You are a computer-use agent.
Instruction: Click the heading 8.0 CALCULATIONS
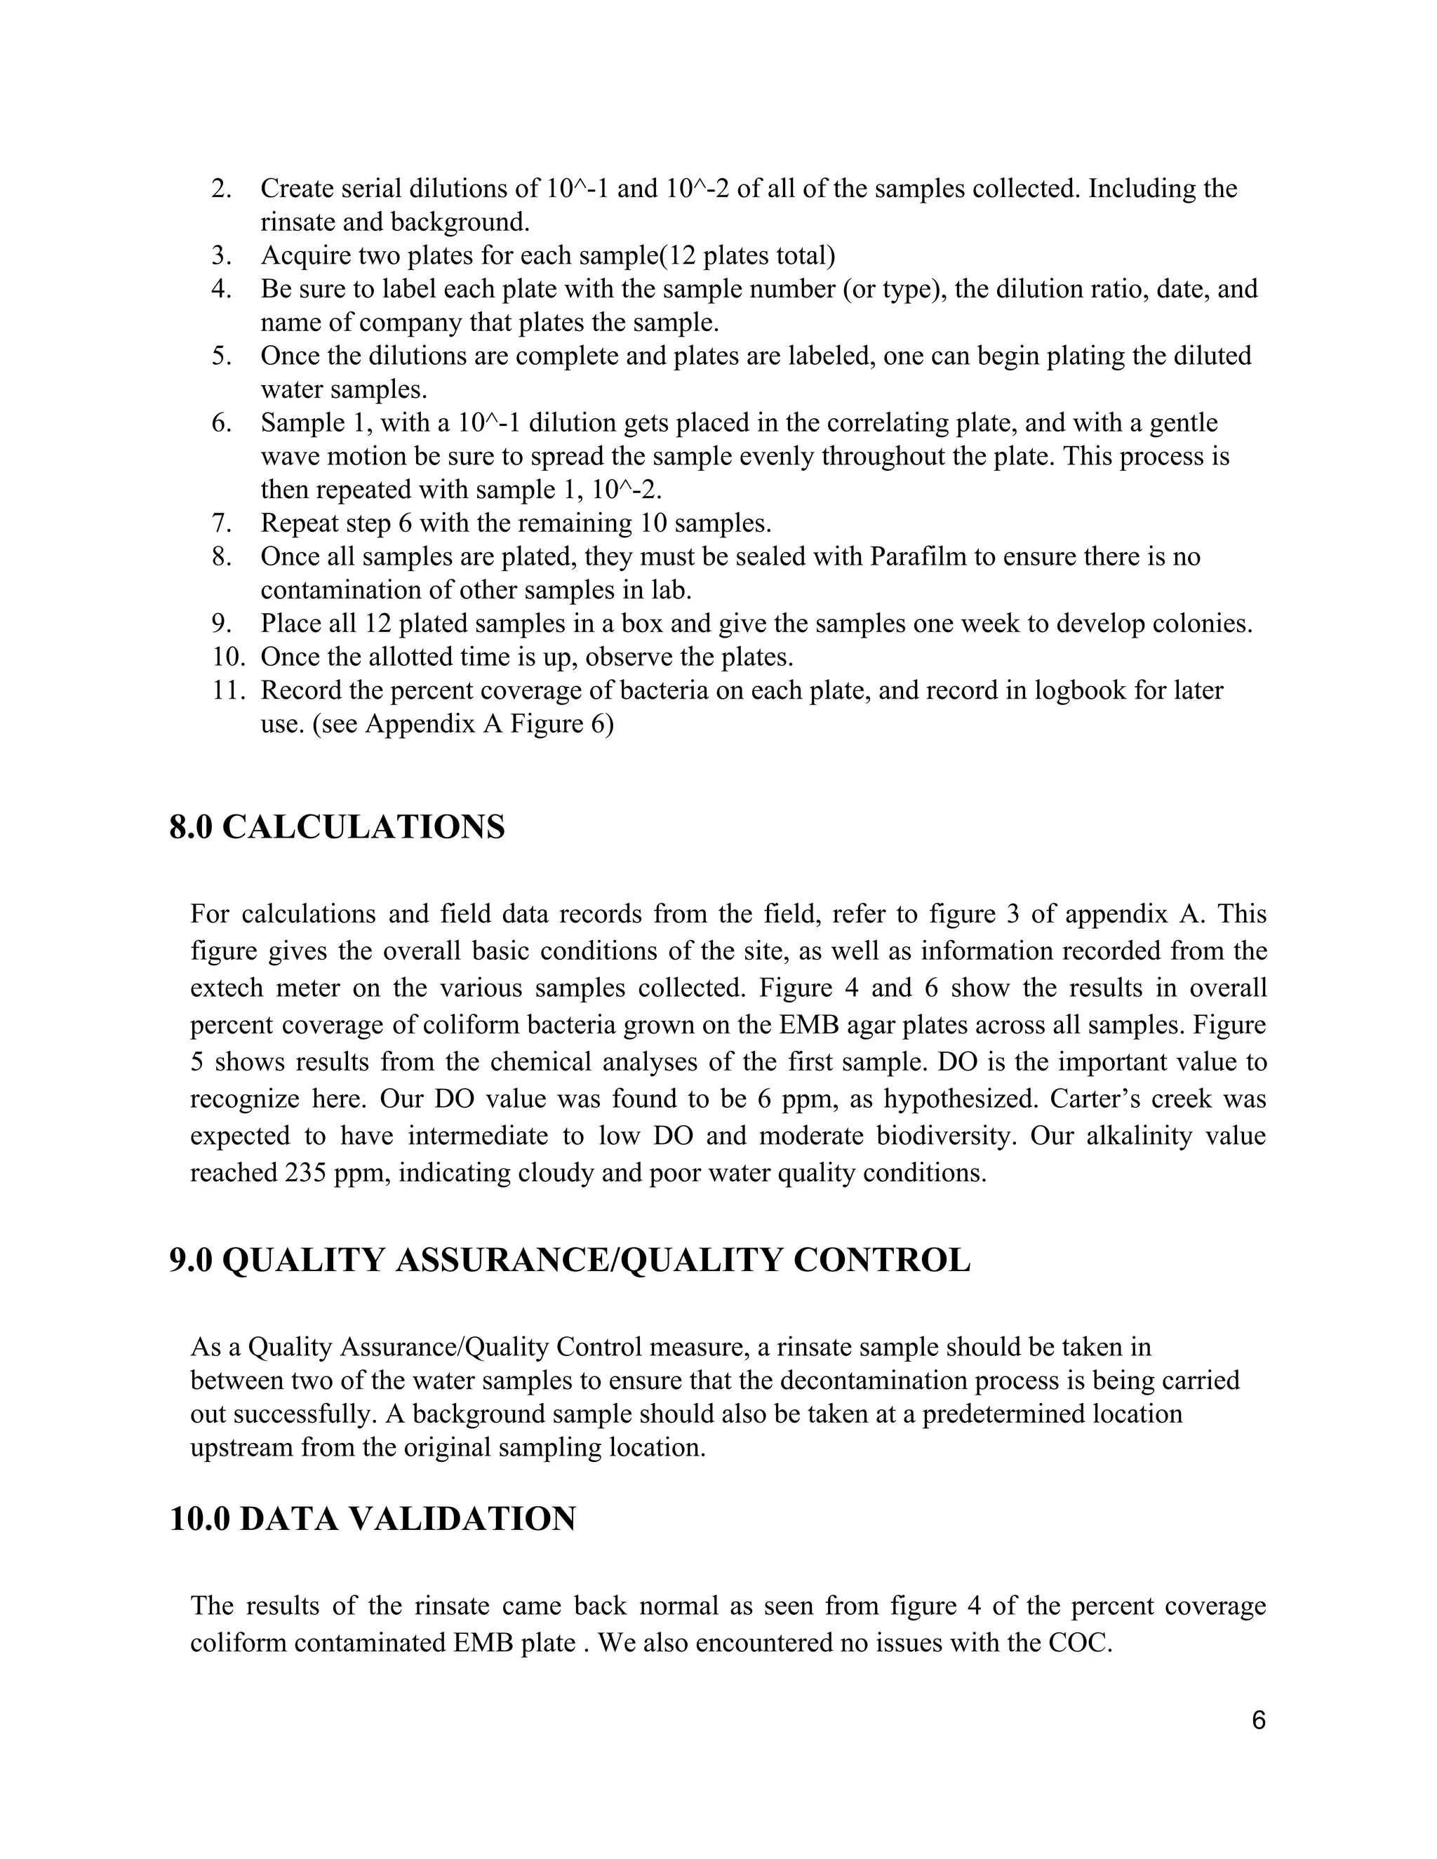(337, 826)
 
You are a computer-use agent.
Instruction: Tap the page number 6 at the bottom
(1258, 1720)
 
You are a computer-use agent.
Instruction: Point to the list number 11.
(228, 690)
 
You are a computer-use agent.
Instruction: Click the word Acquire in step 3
(303, 255)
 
